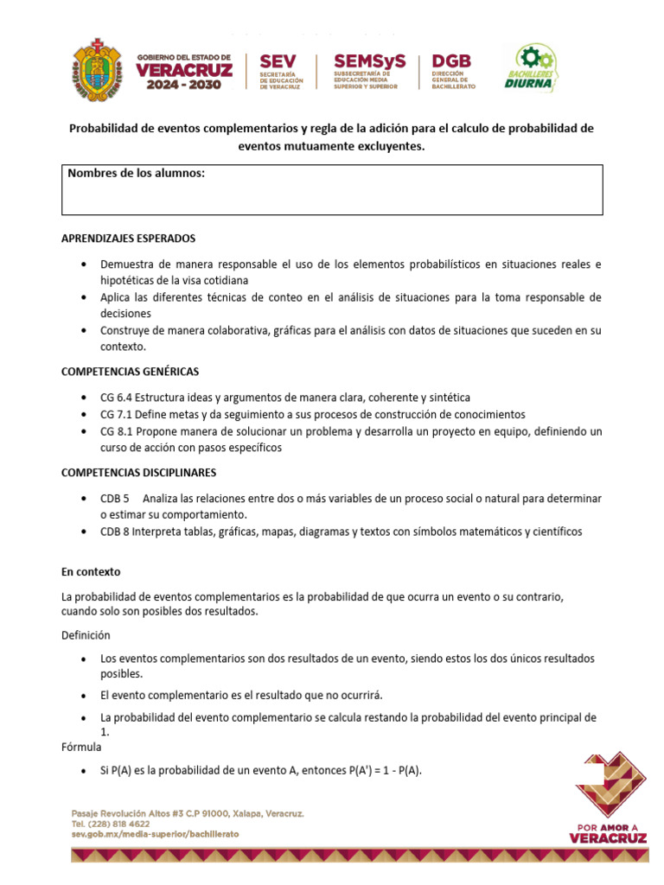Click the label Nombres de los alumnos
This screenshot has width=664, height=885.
click(x=136, y=174)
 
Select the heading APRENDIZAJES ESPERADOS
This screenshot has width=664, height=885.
click(x=128, y=238)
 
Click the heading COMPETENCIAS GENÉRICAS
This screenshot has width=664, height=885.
click(x=130, y=371)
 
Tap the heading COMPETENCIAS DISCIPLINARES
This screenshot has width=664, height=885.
click(x=138, y=473)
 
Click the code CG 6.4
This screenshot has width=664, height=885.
click(x=118, y=398)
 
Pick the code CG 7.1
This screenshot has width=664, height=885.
click(x=118, y=414)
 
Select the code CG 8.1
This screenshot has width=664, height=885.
click(x=118, y=430)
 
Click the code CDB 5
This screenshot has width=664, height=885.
click(x=115, y=499)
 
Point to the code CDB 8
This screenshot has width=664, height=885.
click(x=115, y=532)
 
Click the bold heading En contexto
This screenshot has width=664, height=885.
click(x=91, y=571)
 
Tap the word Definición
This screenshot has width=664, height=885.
click(x=86, y=634)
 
